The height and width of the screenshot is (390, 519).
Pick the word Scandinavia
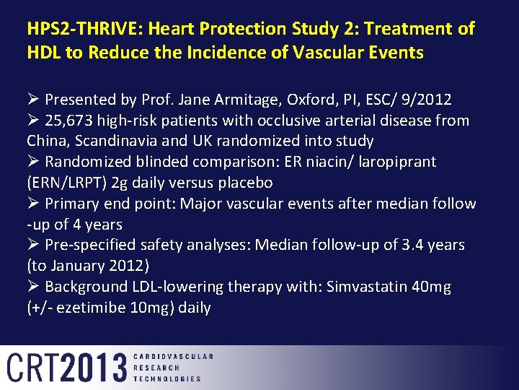tap(111, 141)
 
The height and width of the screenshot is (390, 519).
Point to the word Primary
tap(76, 204)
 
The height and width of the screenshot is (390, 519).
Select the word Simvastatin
tap(368, 287)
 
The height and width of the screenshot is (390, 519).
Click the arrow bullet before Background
tap(33, 287)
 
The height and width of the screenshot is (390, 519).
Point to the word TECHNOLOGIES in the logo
tap(167, 378)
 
